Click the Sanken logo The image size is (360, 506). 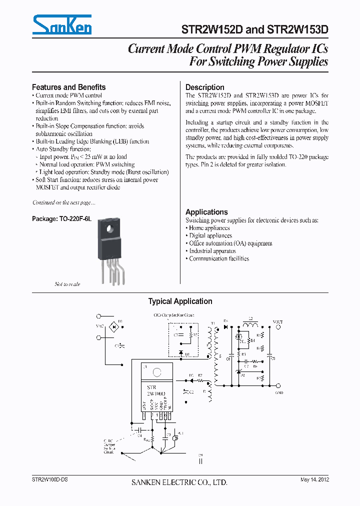[62, 24]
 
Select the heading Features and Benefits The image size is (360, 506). [68, 87]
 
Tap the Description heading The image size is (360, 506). [204, 87]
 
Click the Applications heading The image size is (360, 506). [206, 212]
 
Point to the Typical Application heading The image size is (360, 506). [180, 301]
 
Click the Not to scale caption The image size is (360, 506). [67, 284]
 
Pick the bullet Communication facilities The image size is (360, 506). [218, 258]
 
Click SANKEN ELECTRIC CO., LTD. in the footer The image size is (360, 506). [179, 482]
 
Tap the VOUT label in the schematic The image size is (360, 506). [277, 322]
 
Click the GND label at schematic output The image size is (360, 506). [279, 393]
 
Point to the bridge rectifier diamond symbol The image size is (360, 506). [113, 326]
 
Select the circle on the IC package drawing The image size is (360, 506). [157, 372]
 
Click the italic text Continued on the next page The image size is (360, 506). [63, 202]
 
